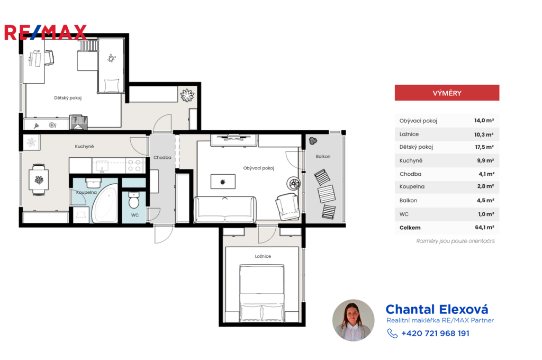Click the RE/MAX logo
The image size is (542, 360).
point(46,32)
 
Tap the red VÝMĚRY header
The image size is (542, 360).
point(447,93)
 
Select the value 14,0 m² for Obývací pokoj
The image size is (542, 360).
point(484,120)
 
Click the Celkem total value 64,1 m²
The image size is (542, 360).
point(484,227)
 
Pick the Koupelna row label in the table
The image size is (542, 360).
point(412,186)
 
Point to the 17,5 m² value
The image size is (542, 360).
point(484,147)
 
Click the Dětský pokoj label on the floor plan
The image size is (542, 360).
point(68,98)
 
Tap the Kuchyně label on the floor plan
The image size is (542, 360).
point(84,146)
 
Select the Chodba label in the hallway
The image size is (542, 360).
point(162,157)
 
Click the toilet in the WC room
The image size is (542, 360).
point(134,200)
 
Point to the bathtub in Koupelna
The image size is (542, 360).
point(105,204)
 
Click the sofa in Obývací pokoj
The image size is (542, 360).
point(225,209)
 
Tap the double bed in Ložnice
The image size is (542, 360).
point(261,293)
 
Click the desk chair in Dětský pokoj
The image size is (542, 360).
point(48,57)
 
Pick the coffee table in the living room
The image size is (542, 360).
point(223,182)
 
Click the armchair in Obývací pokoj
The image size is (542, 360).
point(287,206)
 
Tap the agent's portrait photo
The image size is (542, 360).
point(353,320)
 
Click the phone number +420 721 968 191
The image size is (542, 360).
point(435,334)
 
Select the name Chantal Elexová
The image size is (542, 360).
point(437,309)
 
